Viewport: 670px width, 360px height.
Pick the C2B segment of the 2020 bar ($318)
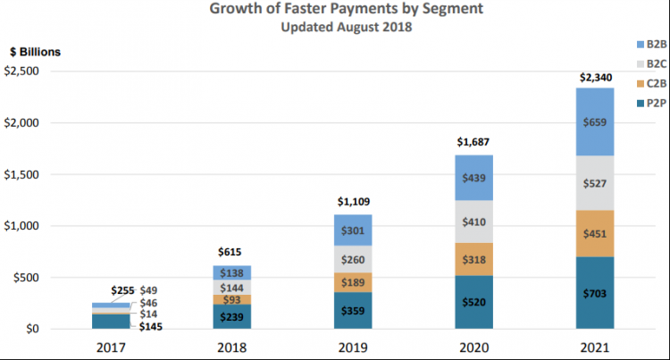tap(473, 259)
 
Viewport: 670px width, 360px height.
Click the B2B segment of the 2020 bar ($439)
tap(473, 178)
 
